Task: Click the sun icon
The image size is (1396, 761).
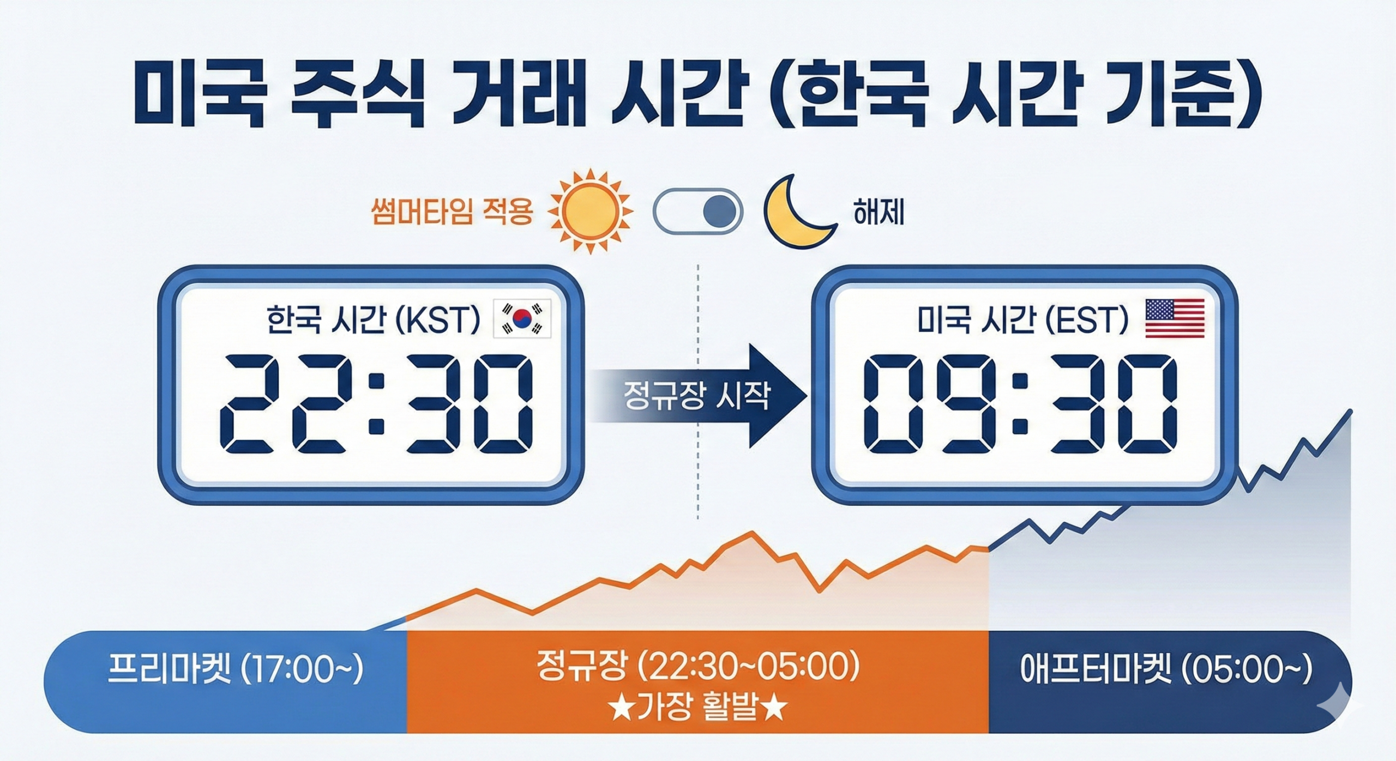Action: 589,212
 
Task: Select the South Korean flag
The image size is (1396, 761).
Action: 522,318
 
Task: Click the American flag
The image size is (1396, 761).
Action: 1175,318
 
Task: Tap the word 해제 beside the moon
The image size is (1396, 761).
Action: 878,213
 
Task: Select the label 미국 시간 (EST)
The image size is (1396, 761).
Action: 1023,319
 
